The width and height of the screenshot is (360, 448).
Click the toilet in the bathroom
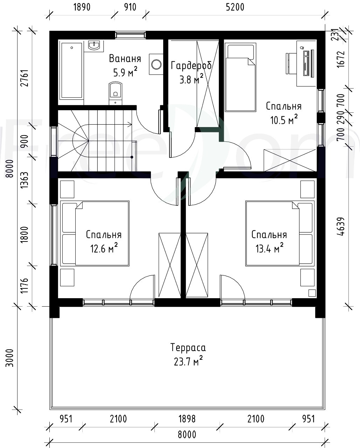click(x=116, y=93)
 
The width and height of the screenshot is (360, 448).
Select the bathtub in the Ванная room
click(x=72, y=70)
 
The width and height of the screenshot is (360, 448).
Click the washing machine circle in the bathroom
click(x=156, y=64)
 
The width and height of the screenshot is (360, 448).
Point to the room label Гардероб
click(x=191, y=65)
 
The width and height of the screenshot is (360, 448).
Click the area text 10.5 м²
click(x=284, y=120)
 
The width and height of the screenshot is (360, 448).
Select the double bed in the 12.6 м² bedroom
click(x=95, y=233)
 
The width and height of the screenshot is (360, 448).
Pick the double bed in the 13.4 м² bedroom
click(x=280, y=233)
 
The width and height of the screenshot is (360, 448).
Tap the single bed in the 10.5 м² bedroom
click(x=241, y=77)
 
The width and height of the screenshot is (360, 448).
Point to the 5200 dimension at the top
click(x=235, y=7)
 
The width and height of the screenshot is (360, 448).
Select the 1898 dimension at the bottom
click(x=187, y=419)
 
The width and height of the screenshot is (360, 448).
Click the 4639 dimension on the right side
click(x=341, y=226)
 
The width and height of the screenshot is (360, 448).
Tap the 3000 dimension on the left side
click(x=9, y=358)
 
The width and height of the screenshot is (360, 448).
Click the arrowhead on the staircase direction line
click(x=130, y=125)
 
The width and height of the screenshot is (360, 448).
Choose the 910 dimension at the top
click(x=130, y=7)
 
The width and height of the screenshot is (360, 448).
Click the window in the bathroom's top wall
click(x=130, y=35)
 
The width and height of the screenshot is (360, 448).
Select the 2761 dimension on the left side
click(x=25, y=78)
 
